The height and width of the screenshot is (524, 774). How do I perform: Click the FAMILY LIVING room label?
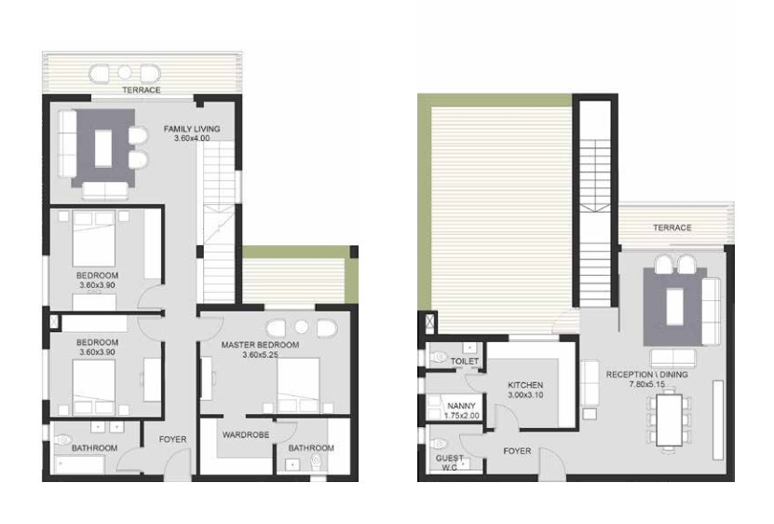pyautogui.click(x=191, y=128)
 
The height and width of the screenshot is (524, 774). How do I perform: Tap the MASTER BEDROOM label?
pyautogui.click(x=260, y=345)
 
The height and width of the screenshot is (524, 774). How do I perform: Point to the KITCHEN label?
pyautogui.click(x=524, y=385)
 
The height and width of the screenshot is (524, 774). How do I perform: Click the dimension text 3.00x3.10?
pyautogui.click(x=524, y=396)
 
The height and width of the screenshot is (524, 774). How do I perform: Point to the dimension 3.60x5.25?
pyautogui.click(x=260, y=355)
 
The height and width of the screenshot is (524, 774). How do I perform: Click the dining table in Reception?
pyautogui.click(x=667, y=420)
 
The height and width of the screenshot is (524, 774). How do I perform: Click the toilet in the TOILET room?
pyautogui.click(x=438, y=357)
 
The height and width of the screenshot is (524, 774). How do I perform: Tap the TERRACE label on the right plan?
pyautogui.click(x=672, y=228)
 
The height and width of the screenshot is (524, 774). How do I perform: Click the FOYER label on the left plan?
pyautogui.click(x=172, y=439)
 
